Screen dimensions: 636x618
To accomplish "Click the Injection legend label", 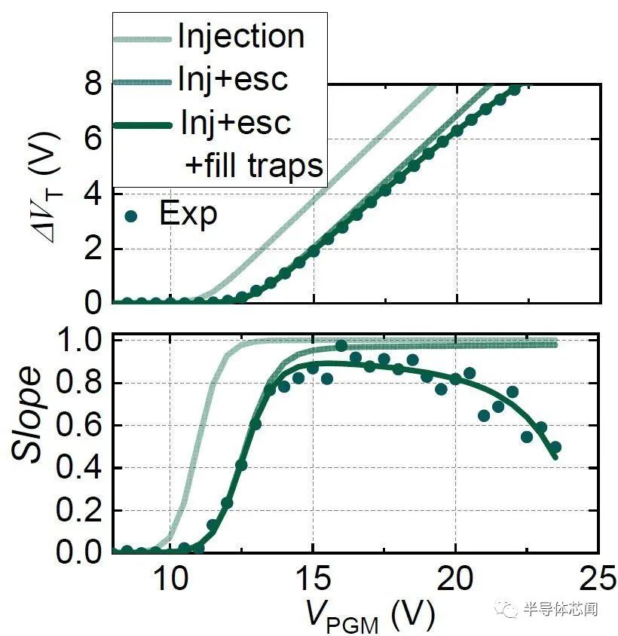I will point(240,37).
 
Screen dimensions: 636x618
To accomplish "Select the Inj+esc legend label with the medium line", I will point(234,79).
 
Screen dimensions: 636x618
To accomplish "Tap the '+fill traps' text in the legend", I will point(255,166).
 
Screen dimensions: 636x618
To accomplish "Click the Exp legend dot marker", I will point(133,216).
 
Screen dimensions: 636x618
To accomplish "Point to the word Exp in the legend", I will point(188,215).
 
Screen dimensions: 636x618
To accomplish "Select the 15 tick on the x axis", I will point(313,579).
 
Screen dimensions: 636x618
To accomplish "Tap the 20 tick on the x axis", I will point(455,579).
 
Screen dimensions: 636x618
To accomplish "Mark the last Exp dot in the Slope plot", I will point(555,448).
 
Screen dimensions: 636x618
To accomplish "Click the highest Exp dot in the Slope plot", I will point(341,346).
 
